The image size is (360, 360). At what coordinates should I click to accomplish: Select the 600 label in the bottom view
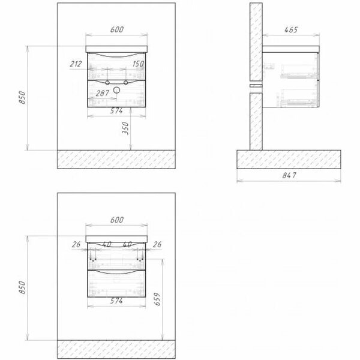click(118, 220)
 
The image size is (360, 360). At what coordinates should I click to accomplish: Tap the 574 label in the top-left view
click(118, 110)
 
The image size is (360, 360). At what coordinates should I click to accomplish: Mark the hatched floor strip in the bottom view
click(116, 346)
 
